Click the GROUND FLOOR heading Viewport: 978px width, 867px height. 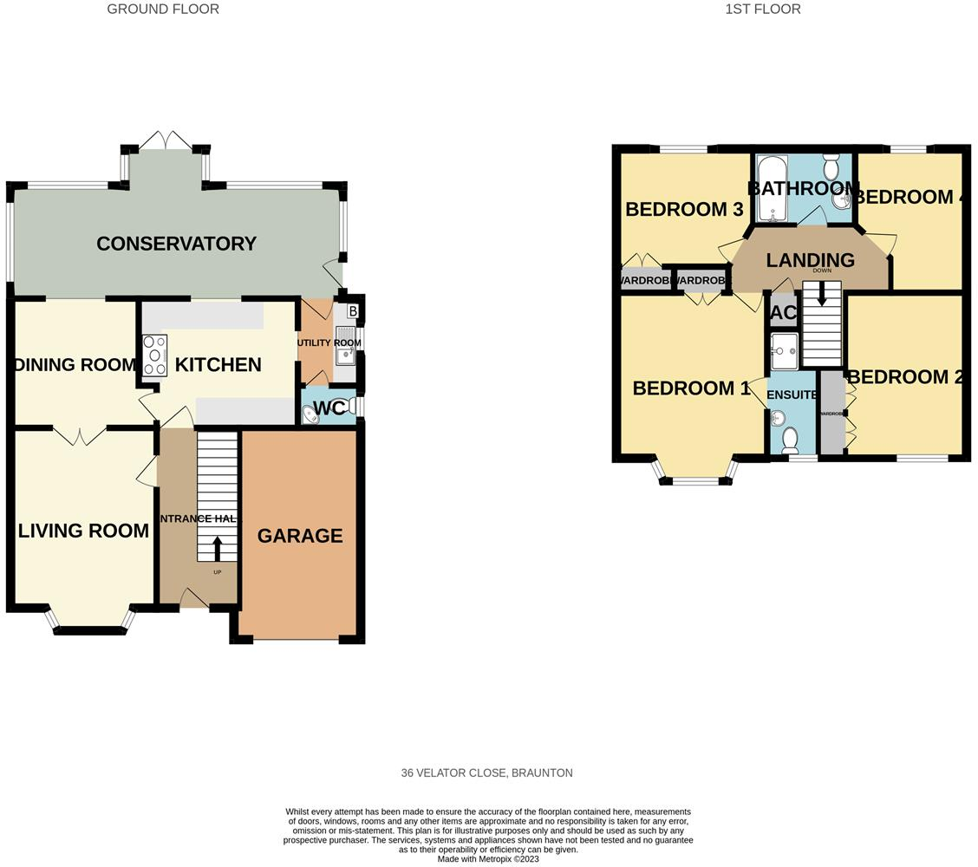point(163,10)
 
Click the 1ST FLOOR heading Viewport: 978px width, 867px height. point(763,10)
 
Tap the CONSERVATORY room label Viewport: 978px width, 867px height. point(176,244)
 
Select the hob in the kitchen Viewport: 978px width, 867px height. point(154,355)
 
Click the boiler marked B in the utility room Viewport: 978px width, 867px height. point(352,311)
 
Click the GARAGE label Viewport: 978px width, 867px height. point(300,536)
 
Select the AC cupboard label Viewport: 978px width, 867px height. point(783,313)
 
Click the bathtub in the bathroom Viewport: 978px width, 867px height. point(771,188)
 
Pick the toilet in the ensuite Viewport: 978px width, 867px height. point(790,440)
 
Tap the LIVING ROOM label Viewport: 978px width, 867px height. point(83,531)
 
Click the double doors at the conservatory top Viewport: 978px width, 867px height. point(166,140)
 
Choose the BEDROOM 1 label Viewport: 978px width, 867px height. point(691,388)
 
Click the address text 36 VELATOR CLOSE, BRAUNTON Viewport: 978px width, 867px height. point(486,772)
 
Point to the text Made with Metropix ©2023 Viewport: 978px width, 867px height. point(488,859)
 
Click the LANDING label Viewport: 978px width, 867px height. point(811,260)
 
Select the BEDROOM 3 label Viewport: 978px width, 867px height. point(675,209)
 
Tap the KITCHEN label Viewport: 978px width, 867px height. point(218,364)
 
